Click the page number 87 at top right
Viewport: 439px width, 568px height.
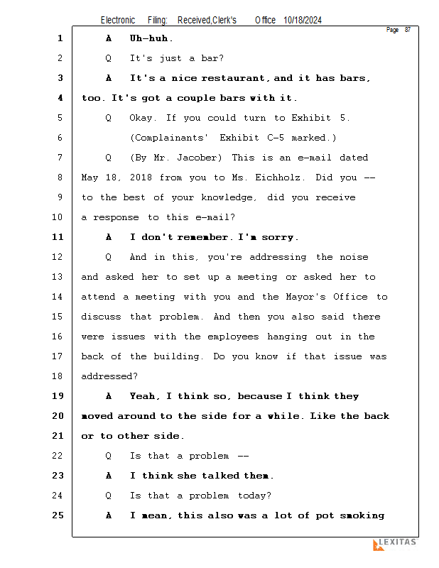click(407, 30)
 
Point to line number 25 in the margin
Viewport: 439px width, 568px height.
click(58, 515)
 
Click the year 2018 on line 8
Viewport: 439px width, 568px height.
click(139, 177)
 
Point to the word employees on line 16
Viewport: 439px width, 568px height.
click(233, 337)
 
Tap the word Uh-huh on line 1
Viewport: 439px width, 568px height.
click(151, 38)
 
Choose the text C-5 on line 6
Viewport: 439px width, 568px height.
click(275, 138)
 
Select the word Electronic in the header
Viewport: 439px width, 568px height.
click(118, 21)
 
